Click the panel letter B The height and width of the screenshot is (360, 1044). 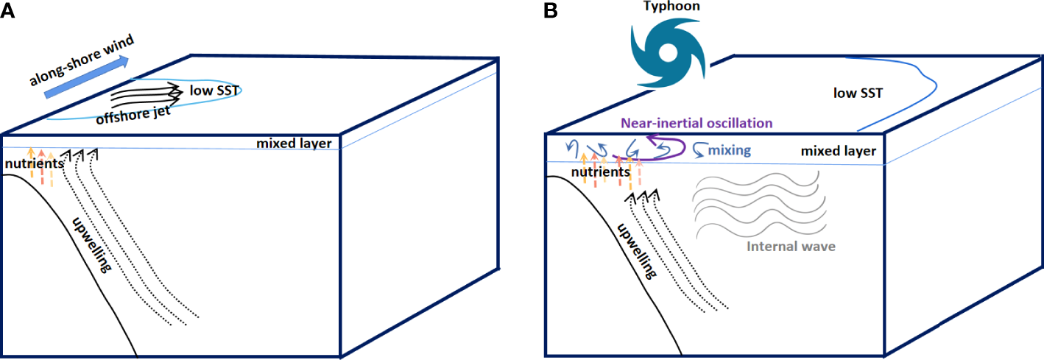550,10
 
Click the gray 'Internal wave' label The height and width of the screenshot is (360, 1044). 791,246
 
